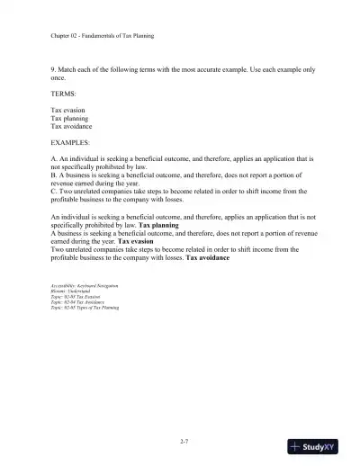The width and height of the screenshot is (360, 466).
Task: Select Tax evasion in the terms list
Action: [69, 134]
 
